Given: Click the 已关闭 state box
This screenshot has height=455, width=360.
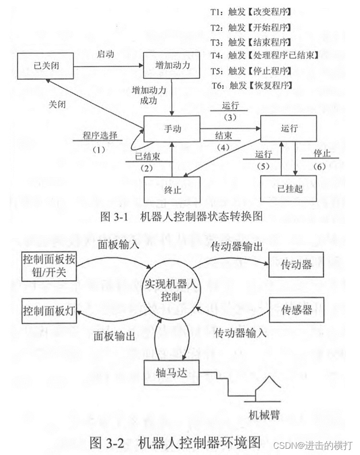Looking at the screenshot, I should point(45,66).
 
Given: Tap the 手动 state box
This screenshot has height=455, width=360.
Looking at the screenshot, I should point(171,129).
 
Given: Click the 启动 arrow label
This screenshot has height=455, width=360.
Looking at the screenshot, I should point(106,54).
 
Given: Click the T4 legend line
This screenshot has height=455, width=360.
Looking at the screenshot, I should point(264,55).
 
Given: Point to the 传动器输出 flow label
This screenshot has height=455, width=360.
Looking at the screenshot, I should point(236,247).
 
